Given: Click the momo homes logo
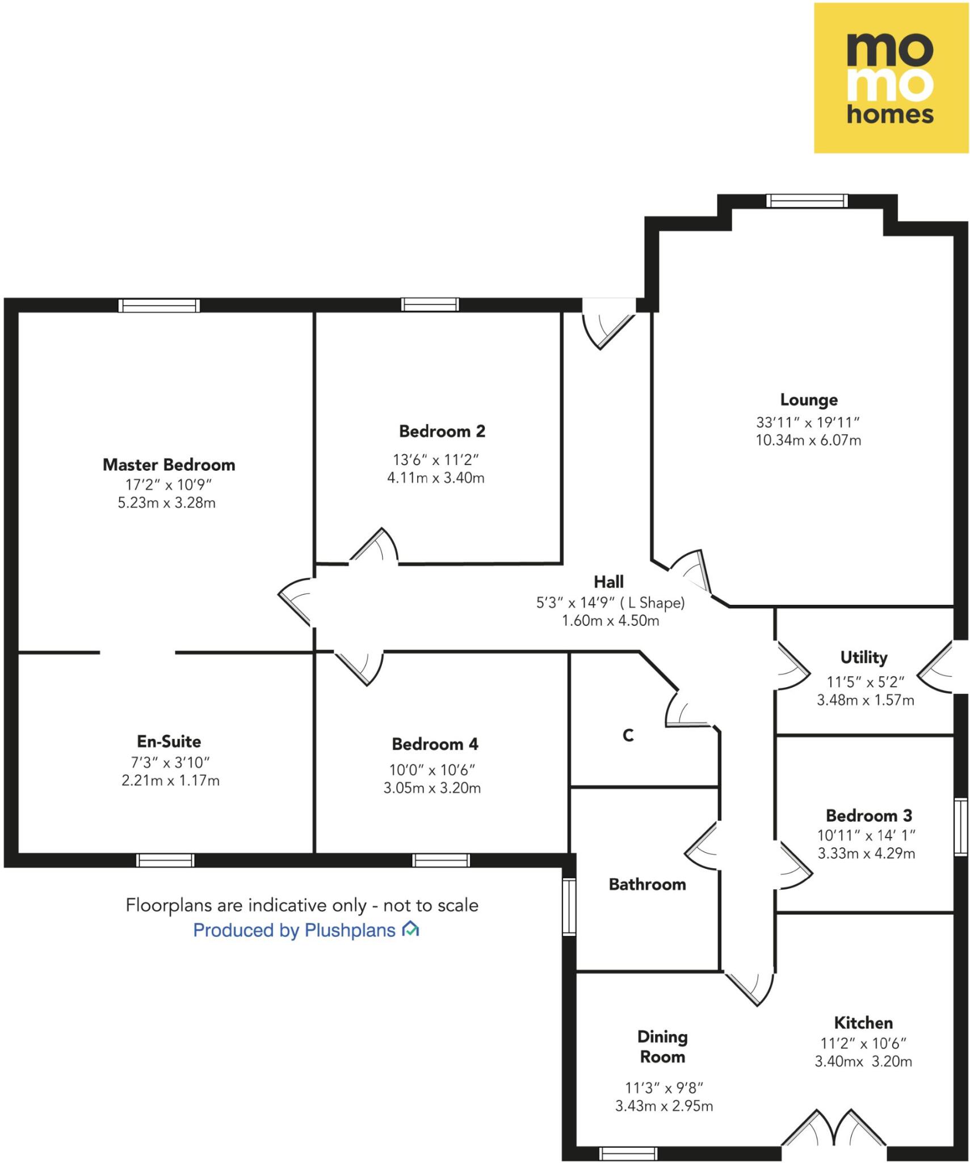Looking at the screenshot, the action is pyautogui.click(x=891, y=78).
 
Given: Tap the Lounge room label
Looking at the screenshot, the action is pyautogui.click(x=808, y=400).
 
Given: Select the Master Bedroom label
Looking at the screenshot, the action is pyautogui.click(x=169, y=465).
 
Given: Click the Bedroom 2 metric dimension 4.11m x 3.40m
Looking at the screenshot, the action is pyautogui.click(x=435, y=478).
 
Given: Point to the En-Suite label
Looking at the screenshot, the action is pyautogui.click(x=169, y=741).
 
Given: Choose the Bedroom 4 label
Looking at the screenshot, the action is pyautogui.click(x=435, y=744).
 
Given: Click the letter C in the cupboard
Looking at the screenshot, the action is pyautogui.click(x=628, y=735).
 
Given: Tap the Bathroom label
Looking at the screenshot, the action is pyautogui.click(x=647, y=884).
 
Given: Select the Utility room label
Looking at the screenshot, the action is pyautogui.click(x=863, y=658).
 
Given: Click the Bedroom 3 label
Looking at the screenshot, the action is pyautogui.click(x=868, y=815).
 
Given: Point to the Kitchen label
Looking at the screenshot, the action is pyautogui.click(x=863, y=1023).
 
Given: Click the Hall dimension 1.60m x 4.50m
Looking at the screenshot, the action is pyautogui.click(x=610, y=621).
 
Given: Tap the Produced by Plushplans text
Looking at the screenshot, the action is pyautogui.click(x=294, y=930).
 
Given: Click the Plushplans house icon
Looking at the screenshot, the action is pyautogui.click(x=410, y=929).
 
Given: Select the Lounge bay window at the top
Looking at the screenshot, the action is pyautogui.click(x=807, y=200).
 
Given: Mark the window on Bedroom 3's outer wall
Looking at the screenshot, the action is pyautogui.click(x=960, y=827).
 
